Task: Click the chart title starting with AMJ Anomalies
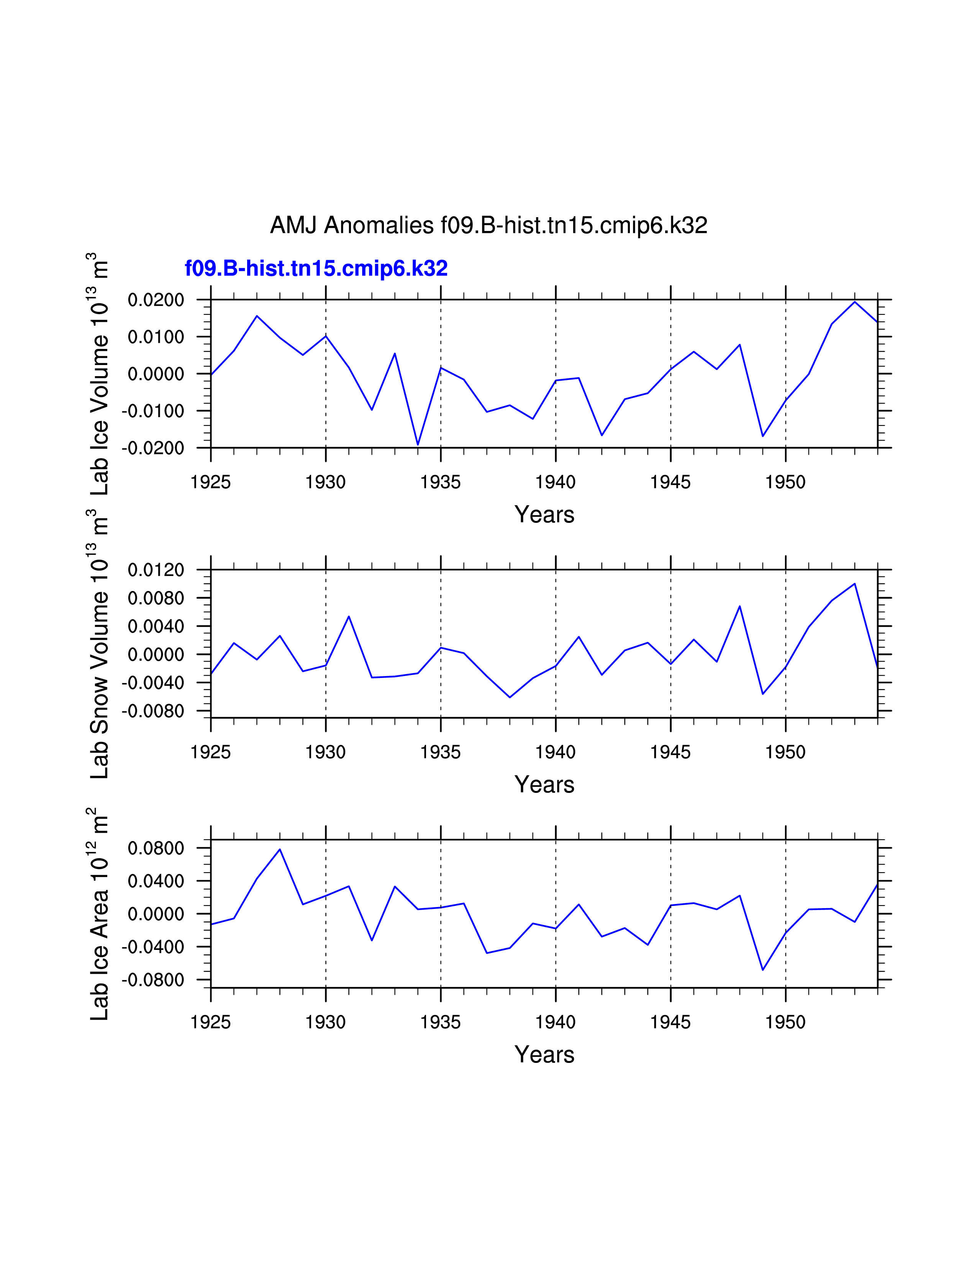(x=488, y=225)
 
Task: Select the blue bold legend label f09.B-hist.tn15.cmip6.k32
(x=316, y=269)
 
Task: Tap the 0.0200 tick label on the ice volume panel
(x=156, y=300)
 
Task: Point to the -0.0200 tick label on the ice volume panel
(x=153, y=448)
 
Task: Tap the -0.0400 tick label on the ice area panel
(x=153, y=947)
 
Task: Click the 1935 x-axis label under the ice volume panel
(x=441, y=482)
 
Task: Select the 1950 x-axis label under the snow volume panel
(x=785, y=752)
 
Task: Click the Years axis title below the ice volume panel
(x=544, y=514)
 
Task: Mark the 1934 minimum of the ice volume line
(x=418, y=444)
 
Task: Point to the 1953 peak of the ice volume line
(x=855, y=302)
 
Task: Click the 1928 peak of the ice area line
(x=280, y=850)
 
